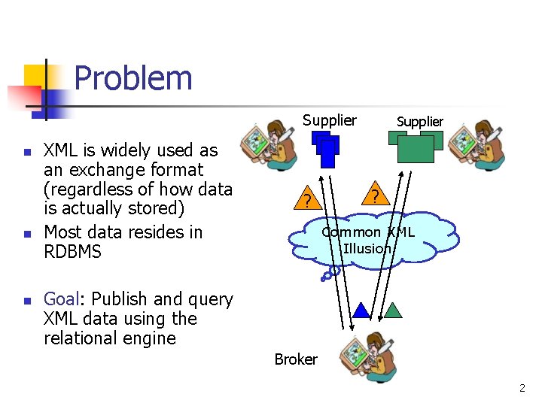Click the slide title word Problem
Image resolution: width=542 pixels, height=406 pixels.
coord(133,77)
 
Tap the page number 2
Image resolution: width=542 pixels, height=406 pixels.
coord(522,388)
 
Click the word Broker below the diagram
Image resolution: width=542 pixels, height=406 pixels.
coord(296,359)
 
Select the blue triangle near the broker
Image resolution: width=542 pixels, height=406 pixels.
coord(362,310)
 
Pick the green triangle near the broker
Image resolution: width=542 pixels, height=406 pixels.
coord(393,309)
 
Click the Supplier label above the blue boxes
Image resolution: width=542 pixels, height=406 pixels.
coord(330,120)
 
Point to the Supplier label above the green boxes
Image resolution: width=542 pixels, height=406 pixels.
coord(420,121)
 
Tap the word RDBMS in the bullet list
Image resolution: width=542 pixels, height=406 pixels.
coord(72,251)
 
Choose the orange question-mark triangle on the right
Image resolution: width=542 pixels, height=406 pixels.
coord(374,195)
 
